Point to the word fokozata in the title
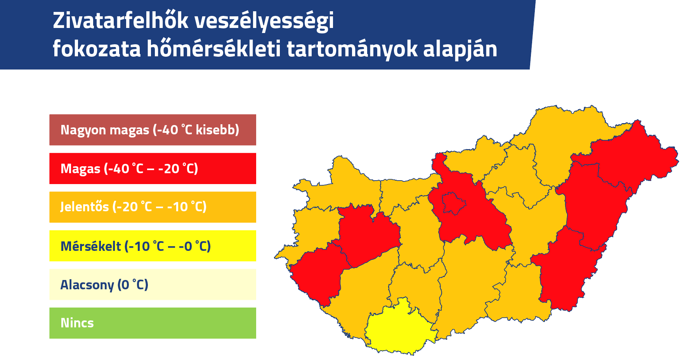97,49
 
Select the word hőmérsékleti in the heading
214,49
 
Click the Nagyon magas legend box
153,130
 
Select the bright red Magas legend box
153,169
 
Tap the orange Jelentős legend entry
153,207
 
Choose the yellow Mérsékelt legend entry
153,246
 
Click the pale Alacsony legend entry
153,284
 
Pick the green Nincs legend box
153,323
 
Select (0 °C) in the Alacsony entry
133,285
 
